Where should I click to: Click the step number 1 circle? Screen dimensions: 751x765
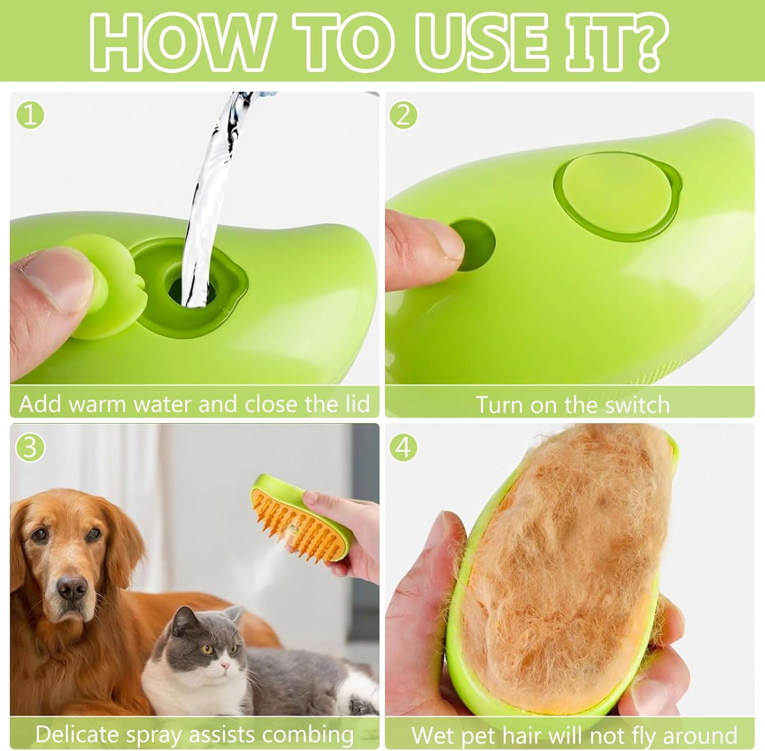(x=30, y=115)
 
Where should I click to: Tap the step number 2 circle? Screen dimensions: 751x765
(x=403, y=115)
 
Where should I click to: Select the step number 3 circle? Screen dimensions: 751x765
(x=30, y=447)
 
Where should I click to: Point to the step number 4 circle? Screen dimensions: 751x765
(x=403, y=447)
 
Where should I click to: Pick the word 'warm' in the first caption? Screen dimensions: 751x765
(x=97, y=404)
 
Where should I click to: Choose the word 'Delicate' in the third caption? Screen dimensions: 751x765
(x=76, y=734)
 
